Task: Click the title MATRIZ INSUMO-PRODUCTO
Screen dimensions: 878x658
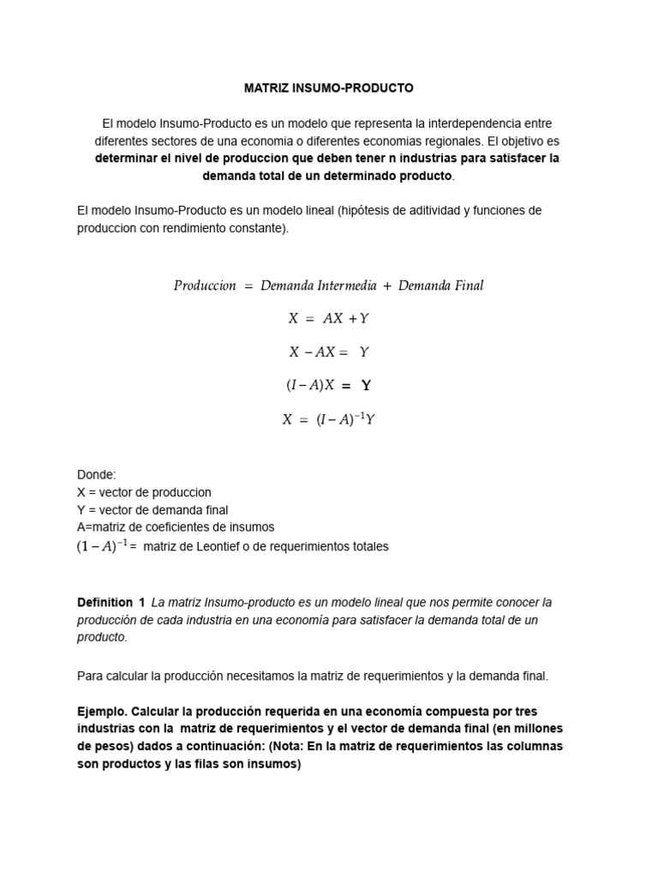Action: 329,87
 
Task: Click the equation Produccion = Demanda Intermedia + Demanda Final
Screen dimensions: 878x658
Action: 329,286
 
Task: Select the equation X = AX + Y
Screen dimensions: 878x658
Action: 329,318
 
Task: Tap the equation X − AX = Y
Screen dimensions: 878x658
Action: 329,352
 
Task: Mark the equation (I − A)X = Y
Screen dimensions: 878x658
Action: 329,386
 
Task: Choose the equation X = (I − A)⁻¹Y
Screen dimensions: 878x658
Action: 329,419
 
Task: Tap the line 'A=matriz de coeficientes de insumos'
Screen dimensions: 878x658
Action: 176,526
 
